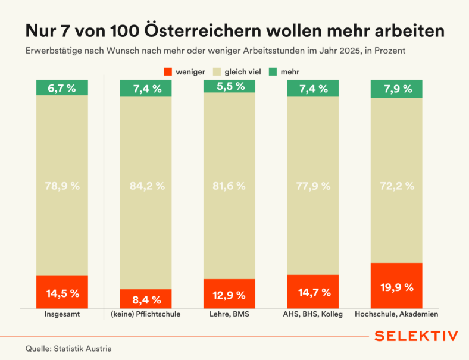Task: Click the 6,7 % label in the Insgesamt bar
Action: tap(62, 89)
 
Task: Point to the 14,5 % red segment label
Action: tap(62, 293)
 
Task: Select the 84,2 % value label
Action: tap(146, 186)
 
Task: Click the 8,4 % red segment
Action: tap(146, 299)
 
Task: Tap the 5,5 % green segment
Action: tap(229, 86)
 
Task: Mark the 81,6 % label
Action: tap(229, 186)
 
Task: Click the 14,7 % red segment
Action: tap(313, 292)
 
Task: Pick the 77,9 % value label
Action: tap(313, 186)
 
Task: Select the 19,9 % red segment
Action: tap(396, 286)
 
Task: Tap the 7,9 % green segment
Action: tap(396, 89)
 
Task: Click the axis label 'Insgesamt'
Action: tap(62, 314)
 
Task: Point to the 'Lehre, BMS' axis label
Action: tap(229, 314)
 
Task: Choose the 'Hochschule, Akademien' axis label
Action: tap(396, 314)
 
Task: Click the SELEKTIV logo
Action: tap(416, 336)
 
